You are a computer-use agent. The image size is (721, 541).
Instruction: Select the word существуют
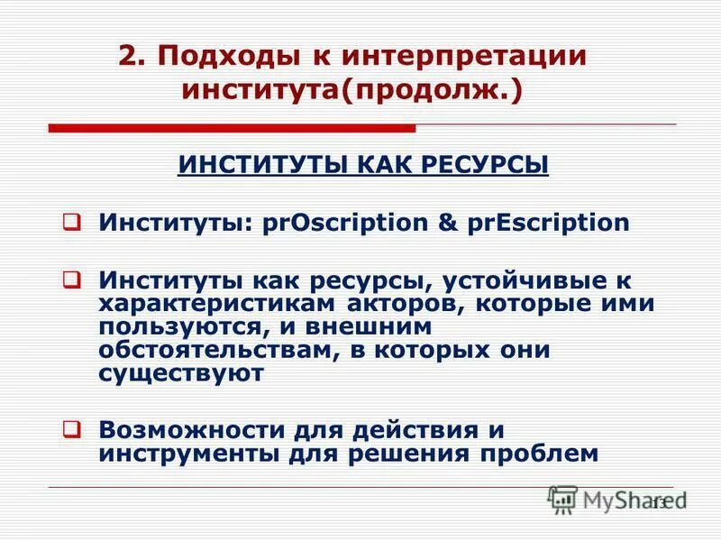click(x=182, y=372)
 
